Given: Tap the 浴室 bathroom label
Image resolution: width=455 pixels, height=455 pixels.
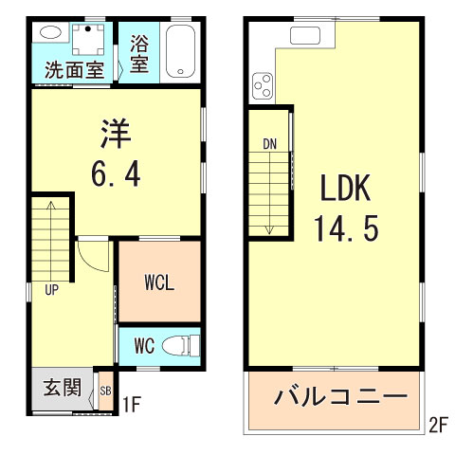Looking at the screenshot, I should tap(139, 53).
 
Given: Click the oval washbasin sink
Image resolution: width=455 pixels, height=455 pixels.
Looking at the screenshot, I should tap(49, 31).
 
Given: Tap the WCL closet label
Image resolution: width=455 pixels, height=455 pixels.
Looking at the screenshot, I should tap(159, 282).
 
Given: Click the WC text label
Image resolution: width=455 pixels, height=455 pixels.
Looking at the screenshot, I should tap(145, 345).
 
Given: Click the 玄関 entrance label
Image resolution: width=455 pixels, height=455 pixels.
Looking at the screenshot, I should tap(61, 389).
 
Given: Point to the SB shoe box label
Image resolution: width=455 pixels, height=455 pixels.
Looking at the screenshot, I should tap(105, 390).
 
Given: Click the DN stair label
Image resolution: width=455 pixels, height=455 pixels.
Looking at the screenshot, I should tap(270, 144).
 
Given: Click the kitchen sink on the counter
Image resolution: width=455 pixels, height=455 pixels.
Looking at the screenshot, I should tap(306, 36).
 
